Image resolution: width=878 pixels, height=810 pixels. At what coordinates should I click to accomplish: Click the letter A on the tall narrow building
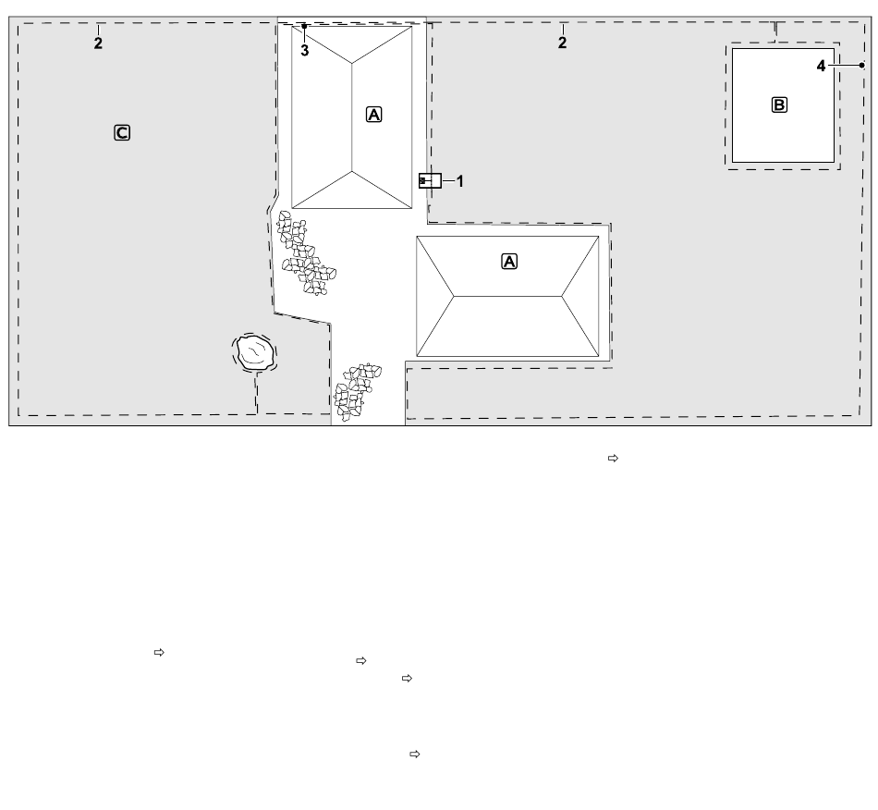[x=374, y=115]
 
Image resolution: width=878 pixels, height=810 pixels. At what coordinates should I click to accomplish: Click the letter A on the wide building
[x=509, y=262]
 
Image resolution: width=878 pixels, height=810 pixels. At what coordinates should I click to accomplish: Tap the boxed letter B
[x=779, y=104]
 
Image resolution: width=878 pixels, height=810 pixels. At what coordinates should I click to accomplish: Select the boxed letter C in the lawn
[x=122, y=133]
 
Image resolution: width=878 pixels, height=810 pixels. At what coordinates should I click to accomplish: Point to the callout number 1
[x=460, y=181]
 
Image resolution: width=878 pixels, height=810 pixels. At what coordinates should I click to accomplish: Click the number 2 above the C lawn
[x=98, y=43]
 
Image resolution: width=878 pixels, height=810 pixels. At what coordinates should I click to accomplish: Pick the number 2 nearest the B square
[x=562, y=43]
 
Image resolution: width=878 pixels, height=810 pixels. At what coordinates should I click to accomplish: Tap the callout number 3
[x=305, y=51]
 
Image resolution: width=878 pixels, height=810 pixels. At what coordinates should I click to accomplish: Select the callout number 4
[x=821, y=66]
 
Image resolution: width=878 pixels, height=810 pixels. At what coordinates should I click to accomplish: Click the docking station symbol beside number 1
[x=430, y=181]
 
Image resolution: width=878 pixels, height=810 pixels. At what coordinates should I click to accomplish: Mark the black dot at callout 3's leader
[x=304, y=26]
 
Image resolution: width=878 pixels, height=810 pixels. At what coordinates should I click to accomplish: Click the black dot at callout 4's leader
[x=861, y=66]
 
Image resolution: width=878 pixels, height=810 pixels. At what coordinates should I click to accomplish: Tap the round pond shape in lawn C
[x=255, y=351]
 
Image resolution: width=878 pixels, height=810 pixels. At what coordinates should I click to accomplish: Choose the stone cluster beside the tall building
[x=305, y=253]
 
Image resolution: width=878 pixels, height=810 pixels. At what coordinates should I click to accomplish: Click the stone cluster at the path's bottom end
[x=357, y=391]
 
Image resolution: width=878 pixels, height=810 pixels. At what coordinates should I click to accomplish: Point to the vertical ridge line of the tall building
[x=351, y=117]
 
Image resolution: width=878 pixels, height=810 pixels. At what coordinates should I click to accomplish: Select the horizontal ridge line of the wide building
[x=507, y=296]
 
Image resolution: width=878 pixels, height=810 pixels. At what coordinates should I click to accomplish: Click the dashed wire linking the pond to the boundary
[x=256, y=393]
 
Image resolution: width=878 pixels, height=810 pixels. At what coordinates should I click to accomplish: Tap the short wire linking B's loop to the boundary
[x=775, y=32]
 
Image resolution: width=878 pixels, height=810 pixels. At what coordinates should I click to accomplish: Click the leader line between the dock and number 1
[x=448, y=181]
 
